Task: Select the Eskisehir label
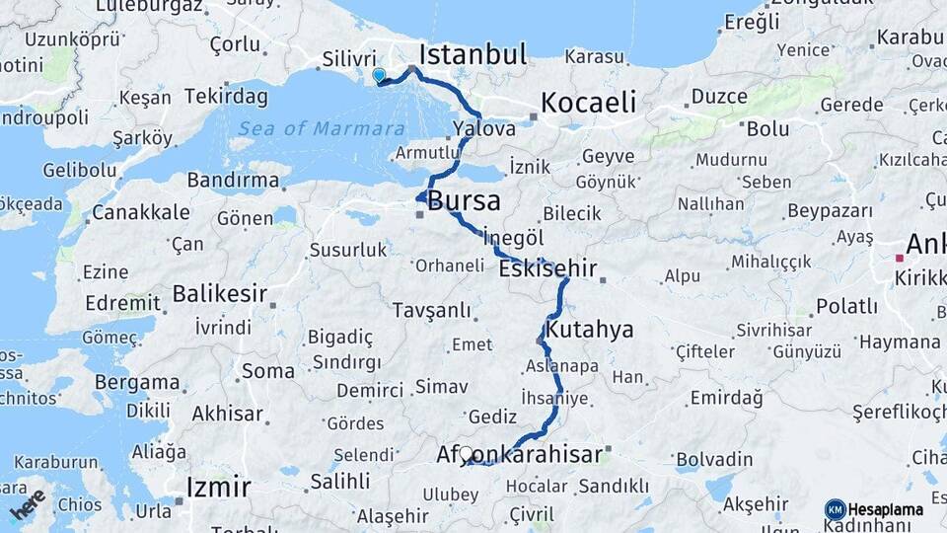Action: click(x=548, y=268)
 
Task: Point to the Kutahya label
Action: click(x=590, y=329)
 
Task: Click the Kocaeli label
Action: click(x=587, y=103)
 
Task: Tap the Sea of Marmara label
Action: click(x=321, y=128)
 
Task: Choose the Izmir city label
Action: click(x=219, y=487)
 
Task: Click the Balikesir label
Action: click(x=219, y=293)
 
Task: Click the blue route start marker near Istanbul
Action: click(x=379, y=75)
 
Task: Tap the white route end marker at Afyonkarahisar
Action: click(x=466, y=453)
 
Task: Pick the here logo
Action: click(x=28, y=504)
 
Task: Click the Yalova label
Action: click(x=484, y=128)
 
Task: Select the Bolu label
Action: click(x=767, y=128)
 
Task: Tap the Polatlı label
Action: click(x=845, y=306)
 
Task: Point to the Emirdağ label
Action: click(x=727, y=398)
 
